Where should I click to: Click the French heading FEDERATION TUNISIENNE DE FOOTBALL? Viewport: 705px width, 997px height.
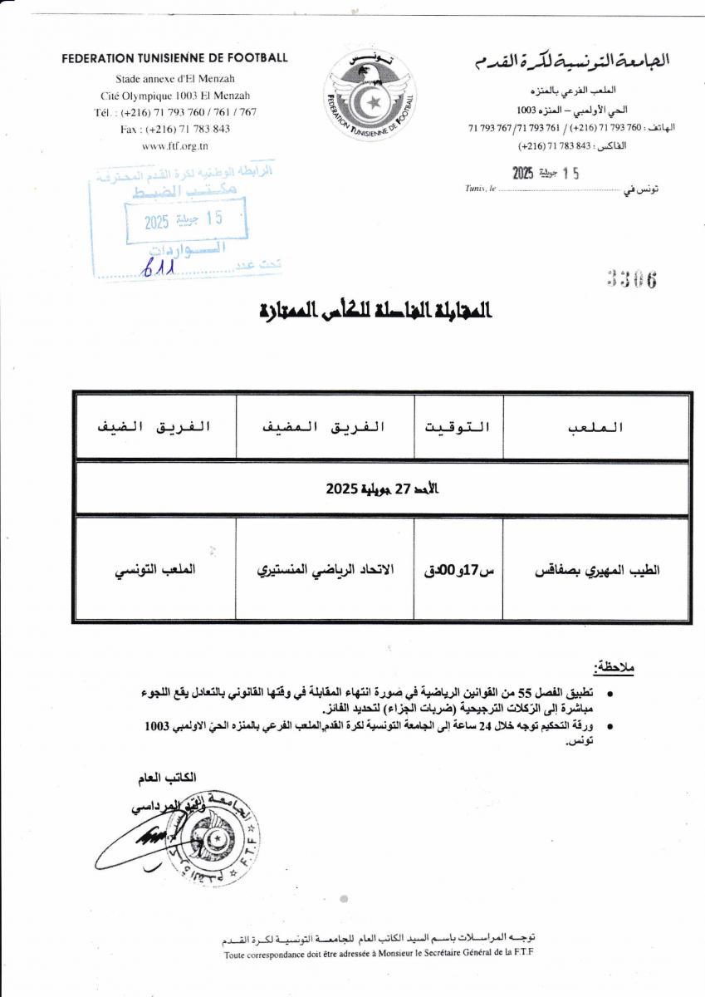click(174, 58)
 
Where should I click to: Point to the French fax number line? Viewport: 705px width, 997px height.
click(175, 129)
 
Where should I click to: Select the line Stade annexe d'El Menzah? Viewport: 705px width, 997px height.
click(174, 80)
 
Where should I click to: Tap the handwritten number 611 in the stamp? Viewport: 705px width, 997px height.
click(158, 268)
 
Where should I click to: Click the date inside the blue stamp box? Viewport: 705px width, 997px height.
click(184, 221)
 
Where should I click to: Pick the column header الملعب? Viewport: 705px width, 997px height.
click(595, 427)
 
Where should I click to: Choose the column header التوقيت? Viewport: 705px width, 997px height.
click(458, 427)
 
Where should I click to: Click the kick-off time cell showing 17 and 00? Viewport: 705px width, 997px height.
click(458, 571)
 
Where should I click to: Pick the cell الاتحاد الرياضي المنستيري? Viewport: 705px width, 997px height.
click(326, 570)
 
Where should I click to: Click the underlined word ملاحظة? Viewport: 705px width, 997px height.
click(613, 667)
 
